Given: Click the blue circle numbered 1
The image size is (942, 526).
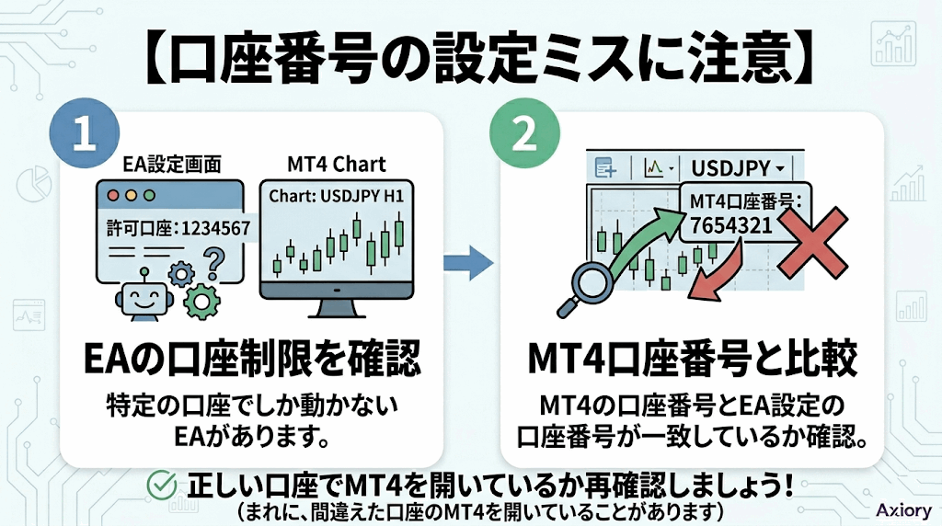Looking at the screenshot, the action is pyautogui.click(x=85, y=132).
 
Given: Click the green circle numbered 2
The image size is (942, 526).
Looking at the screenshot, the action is pyautogui.click(x=525, y=132).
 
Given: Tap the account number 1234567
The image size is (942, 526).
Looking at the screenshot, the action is pyautogui.click(x=215, y=228).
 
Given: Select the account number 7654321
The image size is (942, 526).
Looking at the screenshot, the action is pyautogui.click(x=730, y=226).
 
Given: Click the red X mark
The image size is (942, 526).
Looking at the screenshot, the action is pyautogui.click(x=812, y=242).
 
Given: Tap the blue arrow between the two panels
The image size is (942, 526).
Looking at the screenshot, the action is pyautogui.click(x=468, y=262).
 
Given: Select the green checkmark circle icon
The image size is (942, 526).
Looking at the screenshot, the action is pyautogui.click(x=162, y=486).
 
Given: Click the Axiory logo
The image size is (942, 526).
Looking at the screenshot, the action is pyautogui.click(x=903, y=509).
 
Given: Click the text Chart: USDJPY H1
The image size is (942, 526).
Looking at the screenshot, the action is pyautogui.click(x=336, y=197).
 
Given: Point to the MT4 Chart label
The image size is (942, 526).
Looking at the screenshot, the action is pyautogui.click(x=336, y=164).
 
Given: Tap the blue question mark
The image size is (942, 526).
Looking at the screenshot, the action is pyautogui.click(x=214, y=264).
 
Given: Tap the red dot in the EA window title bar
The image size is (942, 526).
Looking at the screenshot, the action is pyautogui.click(x=113, y=196).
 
